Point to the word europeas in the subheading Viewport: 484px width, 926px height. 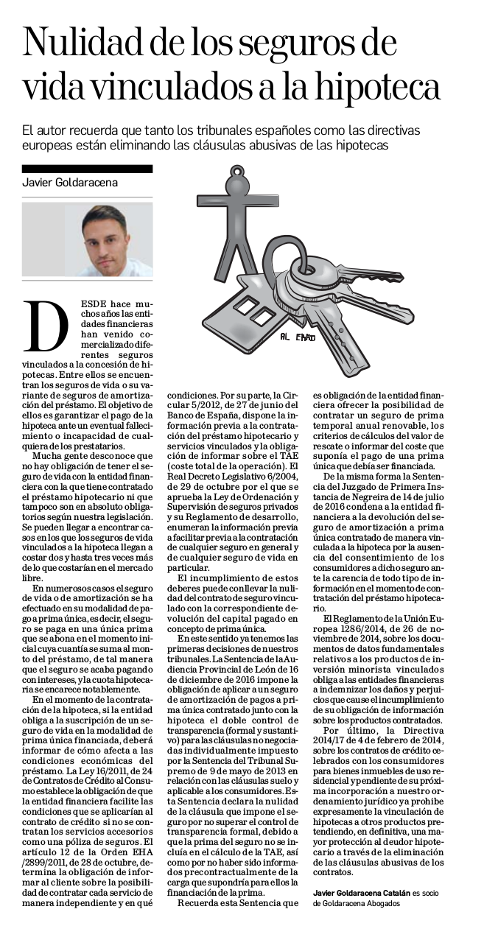[49, 146]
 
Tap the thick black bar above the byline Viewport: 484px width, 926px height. [88, 169]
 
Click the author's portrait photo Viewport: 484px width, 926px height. [87, 240]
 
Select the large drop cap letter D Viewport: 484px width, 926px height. [46, 327]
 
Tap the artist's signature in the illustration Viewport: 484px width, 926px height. [298, 337]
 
